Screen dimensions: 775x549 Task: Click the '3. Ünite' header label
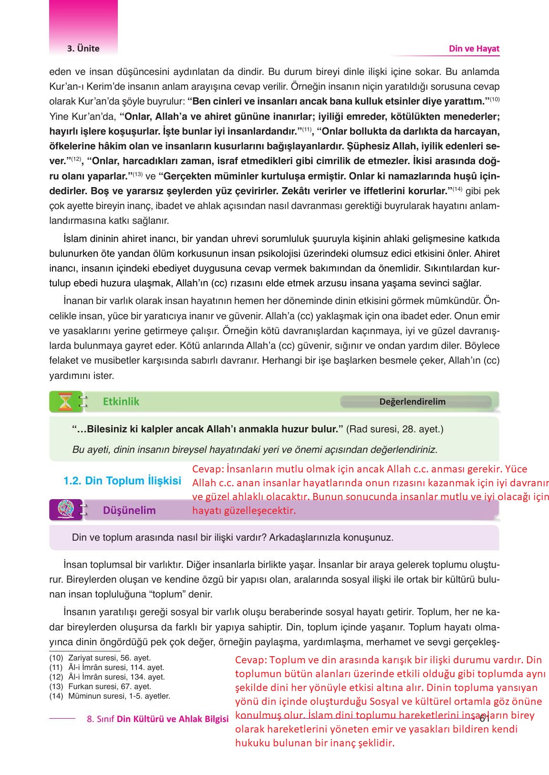[83, 48]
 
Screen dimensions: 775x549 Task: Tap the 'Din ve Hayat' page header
[474, 48]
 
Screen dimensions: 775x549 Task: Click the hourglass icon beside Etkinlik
[64, 401]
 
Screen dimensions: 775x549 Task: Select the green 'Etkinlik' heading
[121, 401]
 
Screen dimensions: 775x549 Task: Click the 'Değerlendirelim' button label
[412, 401]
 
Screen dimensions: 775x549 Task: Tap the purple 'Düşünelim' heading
[129, 510]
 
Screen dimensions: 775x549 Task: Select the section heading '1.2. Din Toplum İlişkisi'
[122, 481]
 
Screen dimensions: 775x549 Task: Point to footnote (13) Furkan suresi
[100, 686]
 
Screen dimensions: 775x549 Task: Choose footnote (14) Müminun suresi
[110, 696]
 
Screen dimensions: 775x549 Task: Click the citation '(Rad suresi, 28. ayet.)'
[394, 429]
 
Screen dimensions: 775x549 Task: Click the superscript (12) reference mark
[76, 159]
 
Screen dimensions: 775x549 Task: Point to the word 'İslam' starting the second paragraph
[73, 239]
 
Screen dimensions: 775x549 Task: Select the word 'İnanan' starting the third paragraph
[77, 301]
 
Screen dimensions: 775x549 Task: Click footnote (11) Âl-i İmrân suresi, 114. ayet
[107, 667]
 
